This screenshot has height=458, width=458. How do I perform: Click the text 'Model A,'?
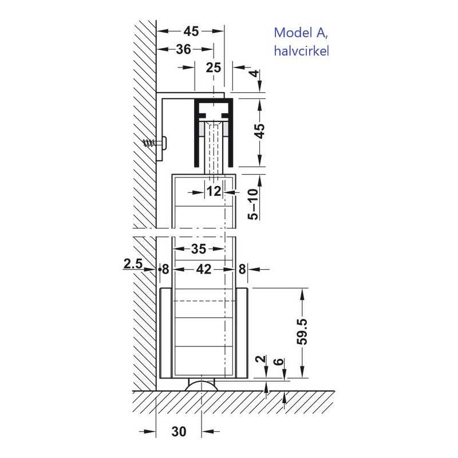click(x=301, y=33)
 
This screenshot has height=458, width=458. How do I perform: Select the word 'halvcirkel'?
click(x=302, y=51)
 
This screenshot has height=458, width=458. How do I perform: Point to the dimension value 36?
click(x=183, y=49)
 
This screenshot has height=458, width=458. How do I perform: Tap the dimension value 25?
click(x=213, y=68)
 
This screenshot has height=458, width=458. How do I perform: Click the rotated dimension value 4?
click(x=255, y=73)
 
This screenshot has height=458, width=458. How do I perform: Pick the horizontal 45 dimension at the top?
click(x=191, y=31)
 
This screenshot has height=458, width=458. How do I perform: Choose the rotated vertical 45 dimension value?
click(x=260, y=131)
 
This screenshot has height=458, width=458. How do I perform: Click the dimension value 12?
click(x=214, y=192)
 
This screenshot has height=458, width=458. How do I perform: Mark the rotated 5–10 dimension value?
click(x=253, y=204)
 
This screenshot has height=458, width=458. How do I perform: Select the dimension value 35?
click(x=199, y=249)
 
